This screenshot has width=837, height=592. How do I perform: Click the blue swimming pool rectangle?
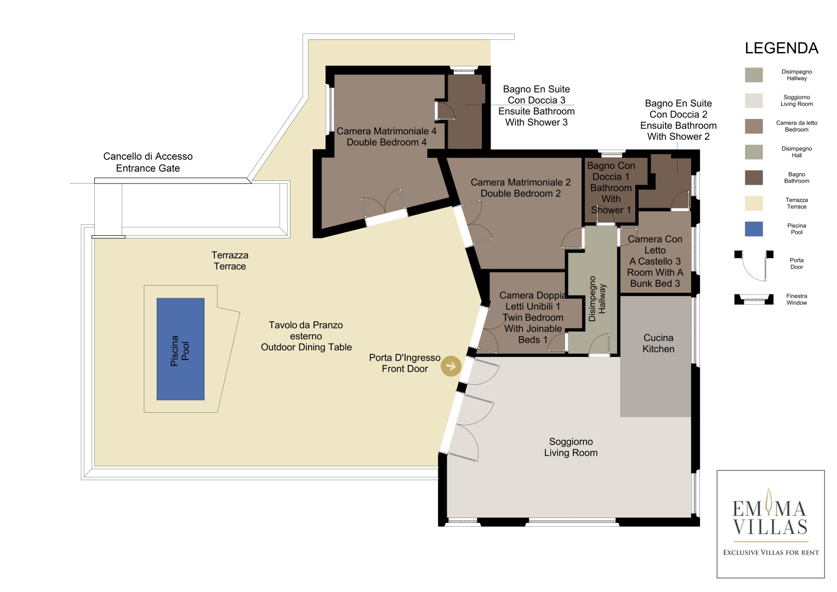(x=180, y=349)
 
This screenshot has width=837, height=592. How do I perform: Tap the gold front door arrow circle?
(x=451, y=366)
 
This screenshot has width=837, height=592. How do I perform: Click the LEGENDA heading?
(x=781, y=48)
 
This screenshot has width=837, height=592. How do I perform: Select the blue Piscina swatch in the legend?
(x=754, y=229)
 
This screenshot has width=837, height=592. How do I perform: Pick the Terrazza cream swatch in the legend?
(x=754, y=203)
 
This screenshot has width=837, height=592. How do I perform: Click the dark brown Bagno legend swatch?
(x=754, y=178)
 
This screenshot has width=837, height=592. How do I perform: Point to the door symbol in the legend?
(x=754, y=266)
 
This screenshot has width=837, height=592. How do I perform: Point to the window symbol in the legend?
(x=754, y=299)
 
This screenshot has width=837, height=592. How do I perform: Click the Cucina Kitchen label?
(x=658, y=343)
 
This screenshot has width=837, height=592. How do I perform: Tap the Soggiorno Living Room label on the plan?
(x=571, y=447)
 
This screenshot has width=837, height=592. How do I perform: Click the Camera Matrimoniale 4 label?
(x=386, y=136)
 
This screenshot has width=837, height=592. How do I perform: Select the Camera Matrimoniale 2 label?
(x=521, y=187)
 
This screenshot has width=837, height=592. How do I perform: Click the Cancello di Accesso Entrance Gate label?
(x=148, y=162)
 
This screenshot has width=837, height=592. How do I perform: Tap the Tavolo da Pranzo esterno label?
(x=306, y=336)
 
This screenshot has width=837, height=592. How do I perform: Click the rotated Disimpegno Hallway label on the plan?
(x=597, y=299)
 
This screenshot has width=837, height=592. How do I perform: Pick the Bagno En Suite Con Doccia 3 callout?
(x=536, y=106)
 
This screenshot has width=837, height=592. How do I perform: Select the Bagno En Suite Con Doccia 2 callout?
(x=678, y=120)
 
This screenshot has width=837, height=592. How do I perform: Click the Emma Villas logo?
(x=771, y=524)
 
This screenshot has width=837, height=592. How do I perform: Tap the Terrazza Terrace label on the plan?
(x=230, y=260)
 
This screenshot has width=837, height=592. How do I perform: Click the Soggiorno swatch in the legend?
(x=754, y=100)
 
